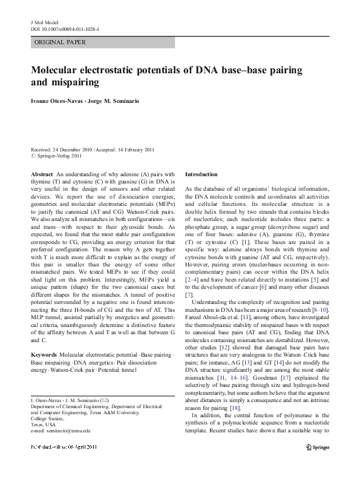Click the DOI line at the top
pyautogui.click(x=65, y=28)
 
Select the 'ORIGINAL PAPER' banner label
pyautogui.click(x=61, y=42)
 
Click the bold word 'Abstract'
pyautogui.click(x=42, y=174)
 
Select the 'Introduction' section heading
pyautogui.click(x=200, y=174)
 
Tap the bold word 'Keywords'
pyautogui.click(x=44, y=353)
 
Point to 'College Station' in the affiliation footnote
pyautogui.click(x=47, y=418)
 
